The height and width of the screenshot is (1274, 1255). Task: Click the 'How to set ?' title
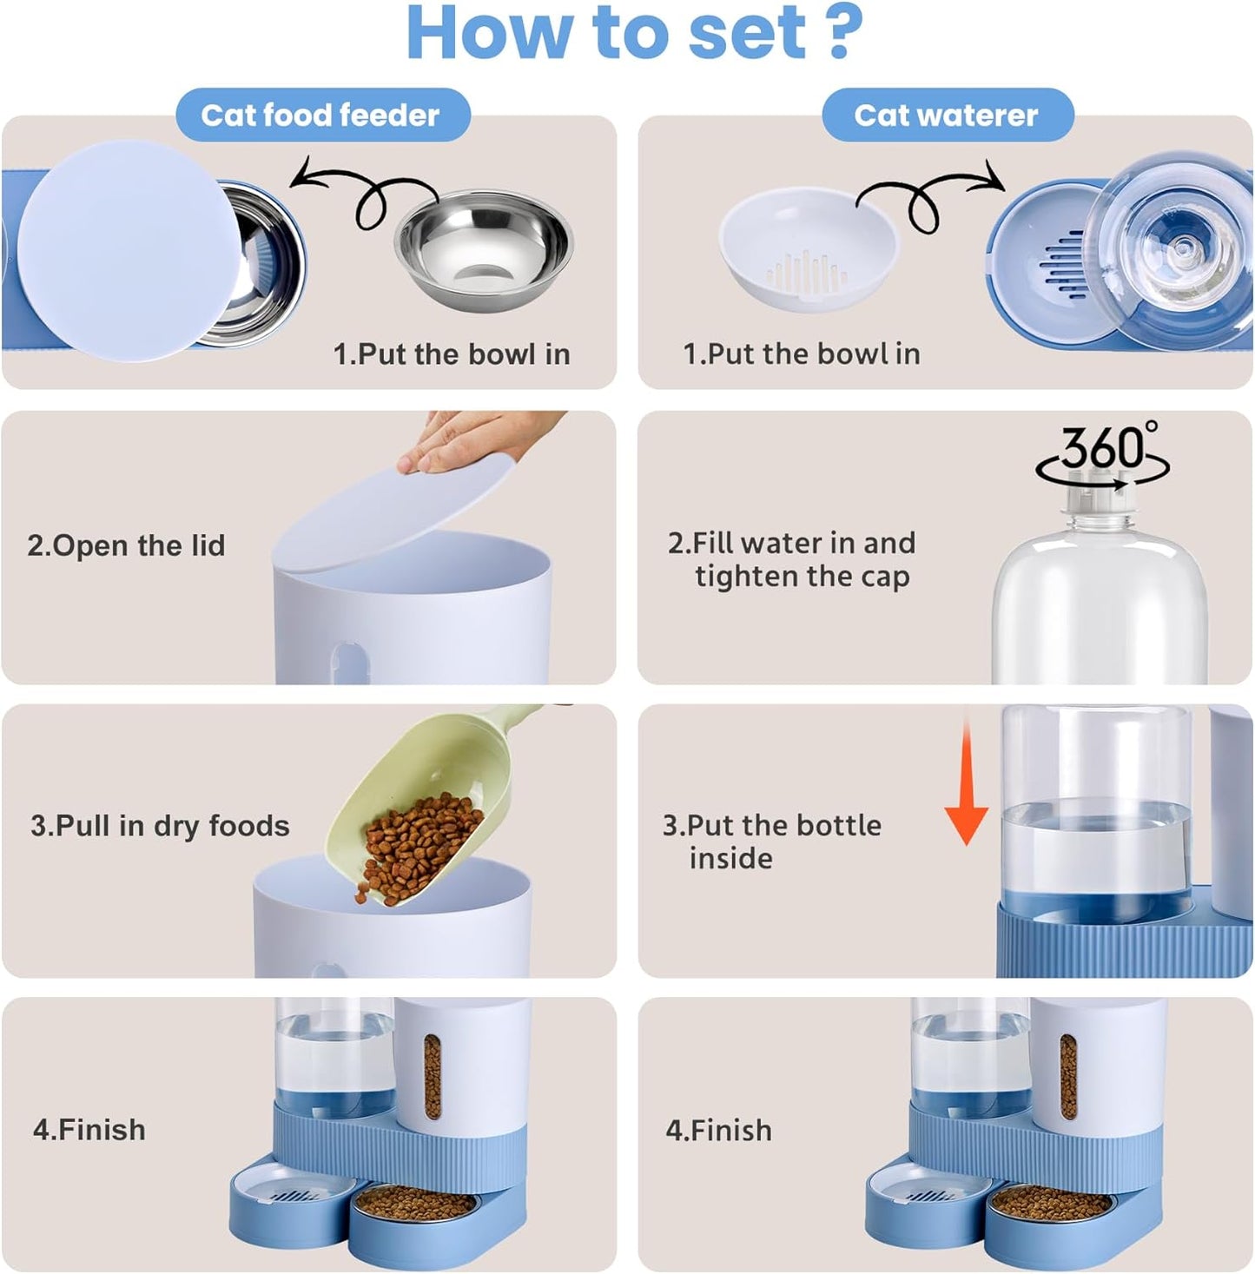pyautogui.click(x=634, y=33)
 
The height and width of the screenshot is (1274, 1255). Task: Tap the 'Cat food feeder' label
pyautogui.click(x=320, y=115)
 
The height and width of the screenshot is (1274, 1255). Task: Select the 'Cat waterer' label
pyautogui.click(x=946, y=115)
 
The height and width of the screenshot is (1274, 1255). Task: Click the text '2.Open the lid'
pyautogui.click(x=126, y=545)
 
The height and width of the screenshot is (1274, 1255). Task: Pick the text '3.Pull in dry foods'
pyautogui.click(x=160, y=825)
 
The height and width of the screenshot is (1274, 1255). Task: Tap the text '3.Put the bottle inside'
pyautogui.click(x=771, y=841)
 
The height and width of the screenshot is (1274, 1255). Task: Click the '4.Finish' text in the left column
pyautogui.click(x=89, y=1130)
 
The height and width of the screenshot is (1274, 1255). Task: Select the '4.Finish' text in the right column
pyautogui.click(x=718, y=1130)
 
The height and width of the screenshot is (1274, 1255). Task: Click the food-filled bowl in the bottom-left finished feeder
pyautogui.click(x=415, y=1205)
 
